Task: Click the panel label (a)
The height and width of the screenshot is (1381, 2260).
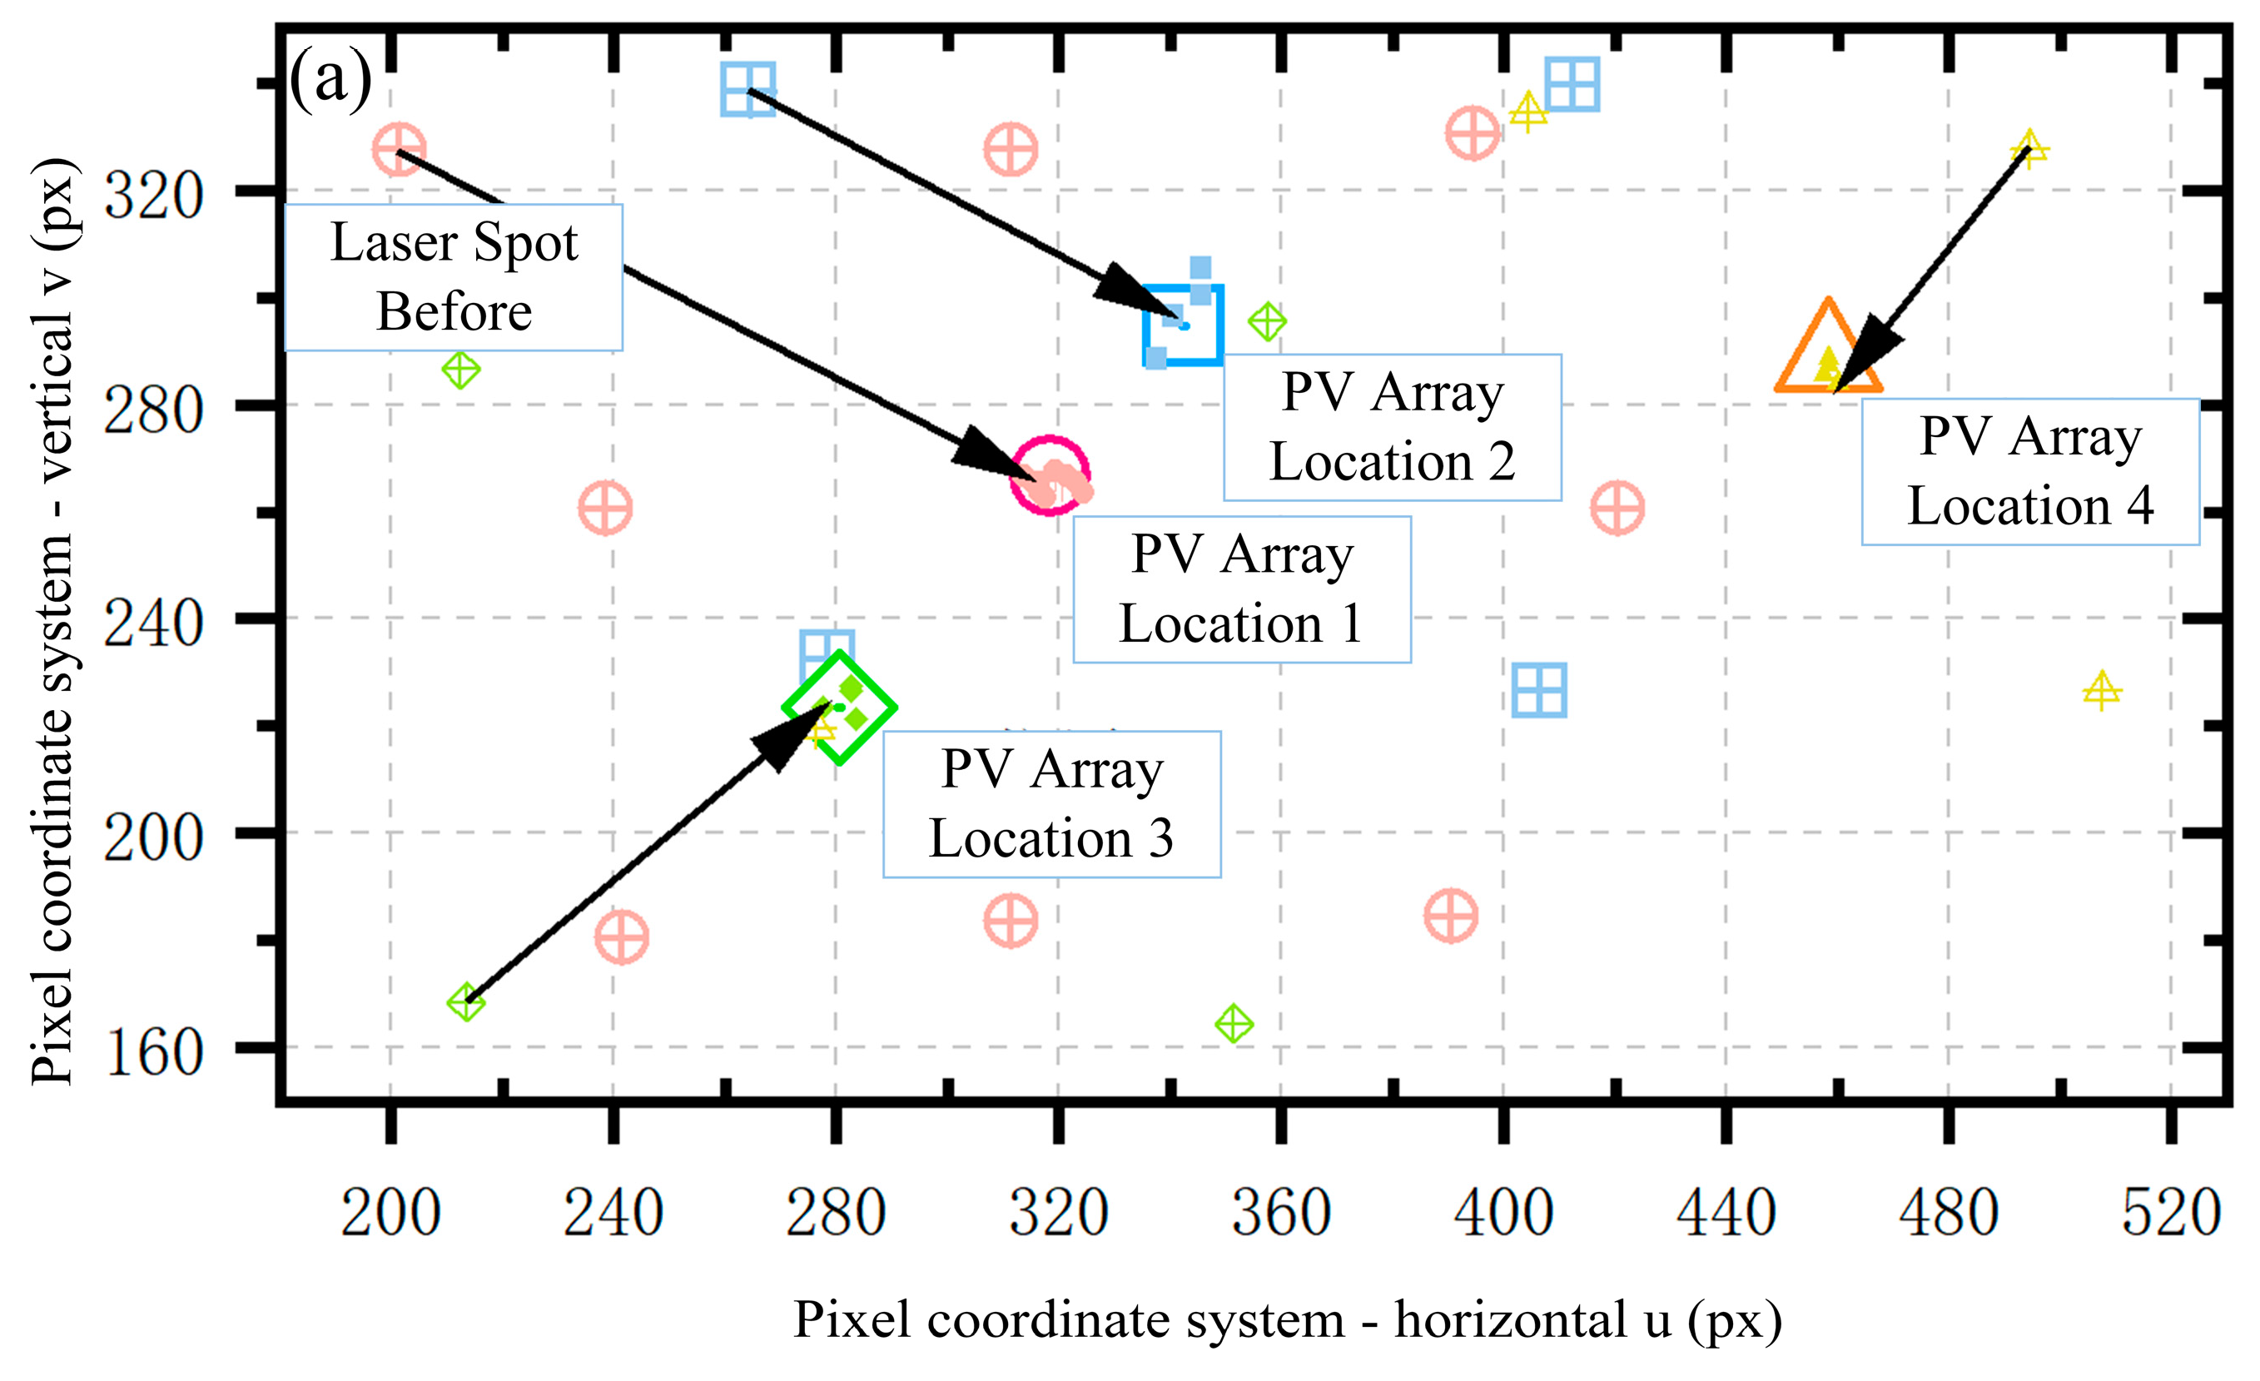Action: (x=330, y=79)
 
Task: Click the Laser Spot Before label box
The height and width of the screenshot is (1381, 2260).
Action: (x=454, y=277)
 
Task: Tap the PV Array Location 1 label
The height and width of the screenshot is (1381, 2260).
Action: (x=1242, y=589)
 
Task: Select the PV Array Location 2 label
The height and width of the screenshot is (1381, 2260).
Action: (x=1393, y=427)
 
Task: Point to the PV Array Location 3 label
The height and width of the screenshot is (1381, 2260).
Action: (x=1052, y=804)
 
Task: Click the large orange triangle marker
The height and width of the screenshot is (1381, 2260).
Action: (x=1828, y=352)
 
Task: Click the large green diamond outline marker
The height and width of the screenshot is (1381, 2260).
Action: (x=839, y=707)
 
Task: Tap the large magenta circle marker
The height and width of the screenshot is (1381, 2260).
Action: (x=1051, y=476)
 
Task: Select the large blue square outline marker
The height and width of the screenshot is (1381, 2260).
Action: (x=1183, y=325)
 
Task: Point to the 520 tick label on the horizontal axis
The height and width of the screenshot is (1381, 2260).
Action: (x=2171, y=1213)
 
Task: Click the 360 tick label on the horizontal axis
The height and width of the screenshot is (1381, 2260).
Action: (x=1280, y=1213)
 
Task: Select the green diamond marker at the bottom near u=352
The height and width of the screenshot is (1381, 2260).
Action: (x=1234, y=1023)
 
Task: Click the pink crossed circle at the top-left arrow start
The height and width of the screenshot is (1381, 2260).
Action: (x=399, y=148)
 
